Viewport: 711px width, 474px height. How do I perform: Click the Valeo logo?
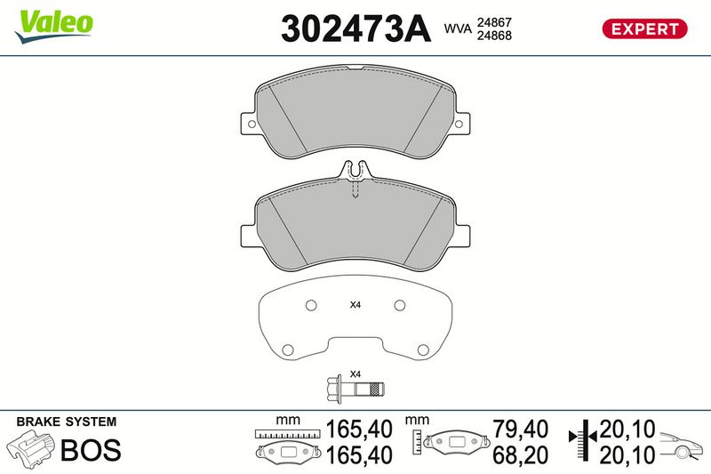click(53, 27)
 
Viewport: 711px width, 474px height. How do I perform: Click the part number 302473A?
click(355, 28)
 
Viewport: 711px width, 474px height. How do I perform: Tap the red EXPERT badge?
click(644, 28)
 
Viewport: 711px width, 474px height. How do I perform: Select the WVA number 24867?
click(494, 22)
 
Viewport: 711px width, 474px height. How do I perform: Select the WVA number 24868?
click(494, 36)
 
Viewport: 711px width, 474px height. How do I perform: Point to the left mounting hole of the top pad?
click(252, 124)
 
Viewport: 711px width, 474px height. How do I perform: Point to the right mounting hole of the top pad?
click(459, 124)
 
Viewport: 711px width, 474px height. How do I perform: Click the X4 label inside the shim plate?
click(355, 305)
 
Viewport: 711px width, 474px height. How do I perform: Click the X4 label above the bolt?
click(355, 374)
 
